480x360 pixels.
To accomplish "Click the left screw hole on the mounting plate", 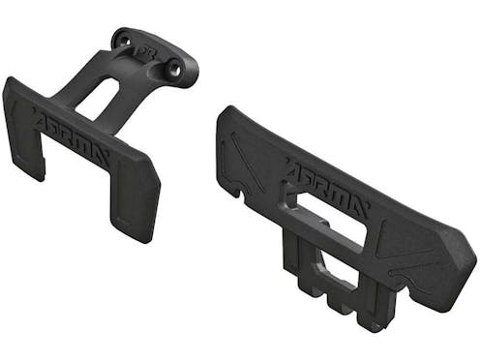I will pos(123,42).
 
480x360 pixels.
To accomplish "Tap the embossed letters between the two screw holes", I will pos(148,52).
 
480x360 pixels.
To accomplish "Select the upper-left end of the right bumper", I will pos(225,121).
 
